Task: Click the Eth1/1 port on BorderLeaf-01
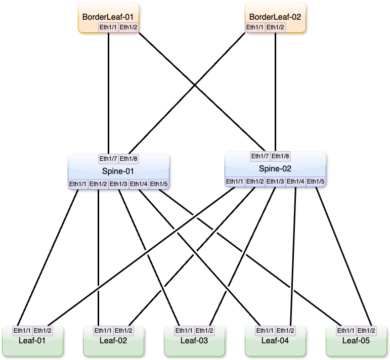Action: pos(108,27)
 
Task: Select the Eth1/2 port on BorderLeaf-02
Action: pos(275,27)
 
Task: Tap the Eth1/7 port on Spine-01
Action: pos(108,159)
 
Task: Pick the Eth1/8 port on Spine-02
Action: pos(280,156)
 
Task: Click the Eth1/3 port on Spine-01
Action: pos(118,184)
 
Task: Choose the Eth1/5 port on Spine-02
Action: pos(316,182)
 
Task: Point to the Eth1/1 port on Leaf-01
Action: pos(22,331)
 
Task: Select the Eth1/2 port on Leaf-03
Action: pos(204,331)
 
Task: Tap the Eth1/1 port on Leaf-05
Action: pos(346,331)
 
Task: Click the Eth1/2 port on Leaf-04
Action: pos(285,331)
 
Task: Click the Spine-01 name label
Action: pos(118,171)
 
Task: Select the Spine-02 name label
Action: pos(275,169)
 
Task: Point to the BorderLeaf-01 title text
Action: pos(108,17)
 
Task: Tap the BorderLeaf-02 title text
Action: pos(275,17)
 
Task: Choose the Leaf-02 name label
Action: pos(113,341)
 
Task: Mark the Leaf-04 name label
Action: pos(275,341)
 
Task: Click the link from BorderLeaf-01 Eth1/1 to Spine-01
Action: pos(108,93)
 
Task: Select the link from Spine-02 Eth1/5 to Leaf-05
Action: pos(343,256)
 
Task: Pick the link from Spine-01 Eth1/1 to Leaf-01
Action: pos(48,258)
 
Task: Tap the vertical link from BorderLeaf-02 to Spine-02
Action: pos(275,92)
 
